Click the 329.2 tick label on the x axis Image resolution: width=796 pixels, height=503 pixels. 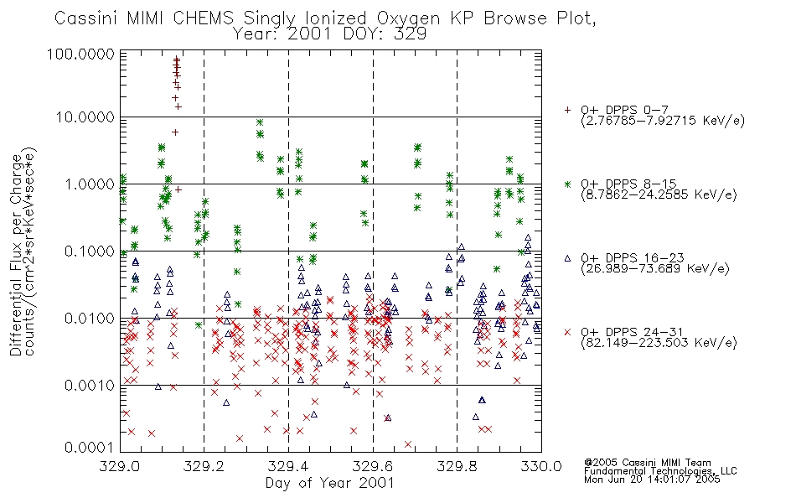pos(204,466)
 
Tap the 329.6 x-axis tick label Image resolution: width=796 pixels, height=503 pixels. pos(373,466)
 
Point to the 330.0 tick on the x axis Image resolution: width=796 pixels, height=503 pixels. pos(541,466)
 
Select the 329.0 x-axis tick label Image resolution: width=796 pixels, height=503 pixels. pos(120,466)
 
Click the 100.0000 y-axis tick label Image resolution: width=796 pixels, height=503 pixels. pos(81,54)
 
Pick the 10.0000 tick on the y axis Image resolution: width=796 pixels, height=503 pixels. pos(85,117)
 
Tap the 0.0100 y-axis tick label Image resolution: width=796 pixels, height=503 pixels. pos(90,319)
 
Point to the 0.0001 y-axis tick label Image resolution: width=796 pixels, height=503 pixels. pos(90,448)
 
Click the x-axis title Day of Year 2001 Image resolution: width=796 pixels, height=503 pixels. pos(329,483)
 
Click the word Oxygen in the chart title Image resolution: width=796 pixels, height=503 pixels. pos(408,18)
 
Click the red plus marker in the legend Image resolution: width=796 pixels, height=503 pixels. pos(567,110)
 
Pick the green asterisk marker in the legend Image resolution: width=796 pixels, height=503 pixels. pos(567,184)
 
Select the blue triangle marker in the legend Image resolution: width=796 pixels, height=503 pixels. pos(567,258)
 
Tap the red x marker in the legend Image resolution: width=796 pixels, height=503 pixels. pos(567,332)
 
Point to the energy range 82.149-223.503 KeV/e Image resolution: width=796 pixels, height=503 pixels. pos(659,343)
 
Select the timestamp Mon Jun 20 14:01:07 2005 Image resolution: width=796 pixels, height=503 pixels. pos(652,480)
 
